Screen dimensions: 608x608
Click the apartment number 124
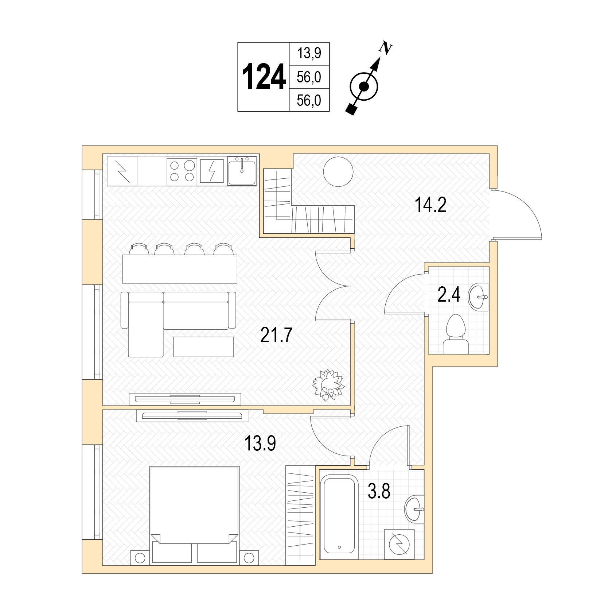click(x=264, y=77)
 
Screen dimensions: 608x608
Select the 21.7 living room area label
click(x=277, y=335)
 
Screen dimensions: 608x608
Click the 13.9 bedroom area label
click(x=260, y=444)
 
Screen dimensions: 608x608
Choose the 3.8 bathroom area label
click(x=379, y=491)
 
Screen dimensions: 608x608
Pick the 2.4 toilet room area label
click(x=449, y=295)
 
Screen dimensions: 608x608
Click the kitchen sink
click(x=242, y=170)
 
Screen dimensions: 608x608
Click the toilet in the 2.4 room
click(x=456, y=334)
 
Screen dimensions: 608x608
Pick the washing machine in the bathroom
click(x=400, y=544)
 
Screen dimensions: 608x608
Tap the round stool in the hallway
click(x=339, y=172)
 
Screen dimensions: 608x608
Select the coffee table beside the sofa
click(x=203, y=346)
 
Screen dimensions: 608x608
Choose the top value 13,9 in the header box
click(x=309, y=54)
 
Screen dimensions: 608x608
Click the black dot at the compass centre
click(x=364, y=86)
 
